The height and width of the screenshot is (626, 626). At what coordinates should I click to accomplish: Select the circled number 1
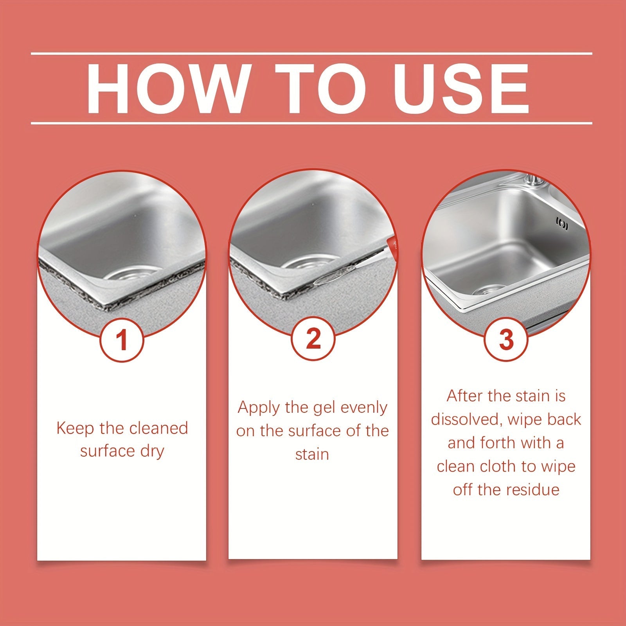click(122, 340)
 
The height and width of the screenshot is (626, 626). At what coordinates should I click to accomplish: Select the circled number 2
click(313, 339)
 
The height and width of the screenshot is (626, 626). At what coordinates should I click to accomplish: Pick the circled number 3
click(506, 340)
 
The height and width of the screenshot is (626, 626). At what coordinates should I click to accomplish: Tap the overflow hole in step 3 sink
click(562, 224)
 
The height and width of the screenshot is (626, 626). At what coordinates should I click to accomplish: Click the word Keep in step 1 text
click(76, 428)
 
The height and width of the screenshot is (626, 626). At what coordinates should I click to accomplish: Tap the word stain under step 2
click(312, 455)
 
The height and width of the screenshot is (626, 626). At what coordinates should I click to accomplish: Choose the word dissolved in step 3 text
click(464, 419)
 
